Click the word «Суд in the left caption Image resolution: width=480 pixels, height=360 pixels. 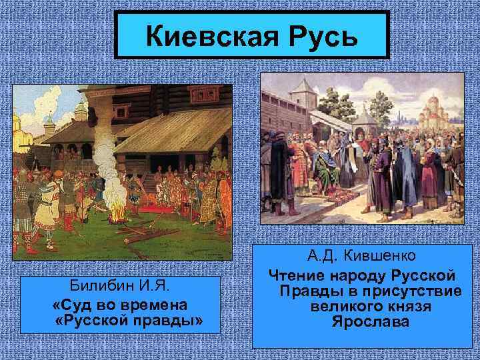(x=73, y=305)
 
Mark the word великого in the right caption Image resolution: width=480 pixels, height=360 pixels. (x=347, y=307)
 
